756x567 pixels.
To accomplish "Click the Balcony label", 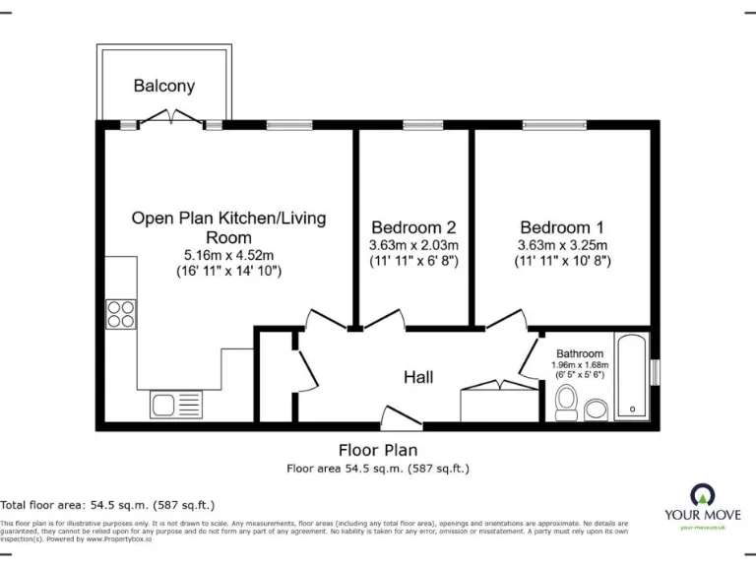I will click(x=164, y=86).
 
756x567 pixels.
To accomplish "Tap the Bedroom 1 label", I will click(x=562, y=226).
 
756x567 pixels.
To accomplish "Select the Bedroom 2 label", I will click(x=413, y=227).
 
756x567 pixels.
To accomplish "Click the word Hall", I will click(x=418, y=376).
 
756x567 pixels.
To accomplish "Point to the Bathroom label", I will click(x=579, y=353).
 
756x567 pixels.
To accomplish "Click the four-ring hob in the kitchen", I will click(x=121, y=314).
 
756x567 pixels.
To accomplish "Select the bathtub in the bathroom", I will click(x=631, y=377).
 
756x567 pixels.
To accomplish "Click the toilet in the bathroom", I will click(x=566, y=402).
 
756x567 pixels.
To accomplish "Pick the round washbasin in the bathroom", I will click(x=596, y=409).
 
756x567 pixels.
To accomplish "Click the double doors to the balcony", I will click(x=174, y=117).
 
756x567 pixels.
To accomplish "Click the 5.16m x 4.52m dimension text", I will click(x=228, y=254).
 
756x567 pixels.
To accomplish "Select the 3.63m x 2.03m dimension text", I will click(x=413, y=245).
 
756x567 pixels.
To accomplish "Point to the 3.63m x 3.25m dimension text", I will click(x=562, y=245).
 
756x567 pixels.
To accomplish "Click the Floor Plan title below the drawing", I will click(x=378, y=450).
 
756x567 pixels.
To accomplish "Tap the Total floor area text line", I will click(x=107, y=504).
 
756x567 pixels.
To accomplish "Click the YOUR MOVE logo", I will click(x=703, y=502).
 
